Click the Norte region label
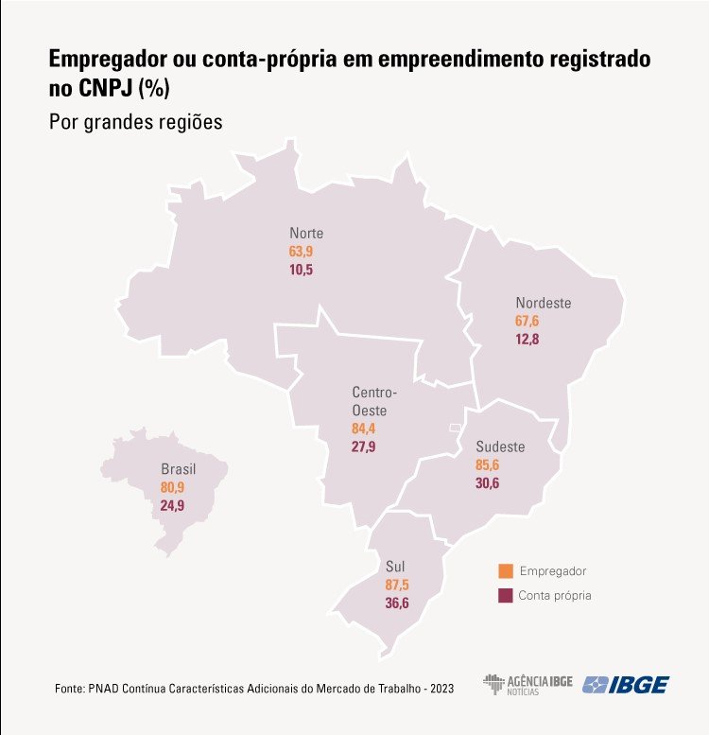pos(306,234)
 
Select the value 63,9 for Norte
pos(301,252)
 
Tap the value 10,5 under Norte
pos(301,270)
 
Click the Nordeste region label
pos(543,304)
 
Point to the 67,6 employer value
pos(527,322)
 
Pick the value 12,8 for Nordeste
pos(527,340)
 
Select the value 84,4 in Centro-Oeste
pos(364,429)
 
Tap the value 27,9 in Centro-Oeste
pos(364,446)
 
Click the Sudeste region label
pos(500,446)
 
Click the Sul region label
pos(395,566)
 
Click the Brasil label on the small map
pos(179,469)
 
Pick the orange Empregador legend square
pos(506,571)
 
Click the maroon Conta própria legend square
pos(506,596)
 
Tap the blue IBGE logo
pos(626,684)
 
